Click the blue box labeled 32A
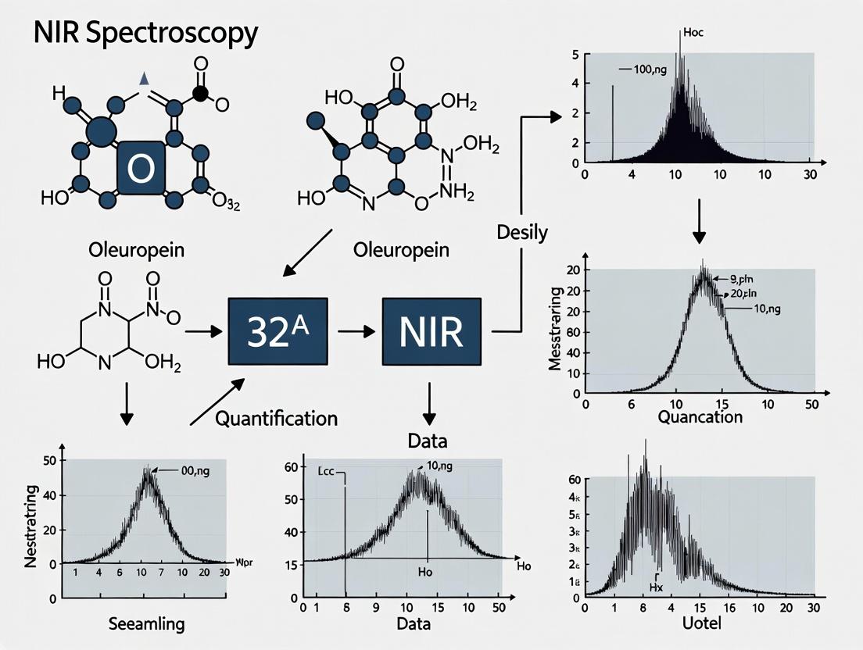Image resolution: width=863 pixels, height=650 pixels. [x=276, y=331]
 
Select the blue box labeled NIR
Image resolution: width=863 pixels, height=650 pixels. [x=431, y=331]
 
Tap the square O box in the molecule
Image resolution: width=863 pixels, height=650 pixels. [x=141, y=167]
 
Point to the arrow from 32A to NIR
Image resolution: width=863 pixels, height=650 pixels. [x=356, y=331]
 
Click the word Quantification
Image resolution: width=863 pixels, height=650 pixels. [x=276, y=418]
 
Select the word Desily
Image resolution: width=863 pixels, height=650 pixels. [x=521, y=231]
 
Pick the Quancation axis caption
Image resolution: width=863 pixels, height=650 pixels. [x=700, y=416]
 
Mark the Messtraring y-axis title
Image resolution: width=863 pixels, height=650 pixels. [x=557, y=329]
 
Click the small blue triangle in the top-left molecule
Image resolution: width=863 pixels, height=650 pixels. [x=143, y=78]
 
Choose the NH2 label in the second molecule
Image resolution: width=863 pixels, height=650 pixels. [x=458, y=191]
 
